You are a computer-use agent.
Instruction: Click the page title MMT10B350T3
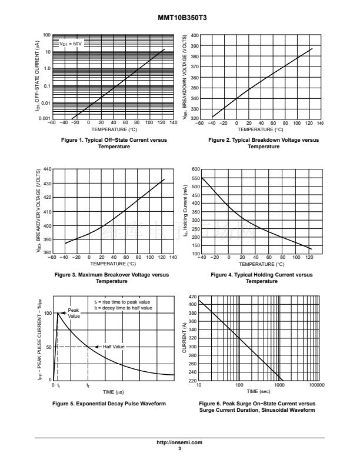(180, 18)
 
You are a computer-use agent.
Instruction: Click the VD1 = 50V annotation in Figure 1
(71, 44)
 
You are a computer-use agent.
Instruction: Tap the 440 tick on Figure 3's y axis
(48, 169)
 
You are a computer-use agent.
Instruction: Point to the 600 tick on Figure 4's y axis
(196, 169)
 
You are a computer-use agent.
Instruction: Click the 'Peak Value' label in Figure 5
(74, 312)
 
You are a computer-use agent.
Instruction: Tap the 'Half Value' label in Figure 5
(112, 347)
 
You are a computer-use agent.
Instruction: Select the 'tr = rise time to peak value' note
(123, 302)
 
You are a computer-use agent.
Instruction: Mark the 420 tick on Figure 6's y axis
(192, 295)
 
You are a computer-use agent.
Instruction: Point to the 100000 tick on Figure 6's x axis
(316, 385)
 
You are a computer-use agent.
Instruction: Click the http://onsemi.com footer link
(180, 442)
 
